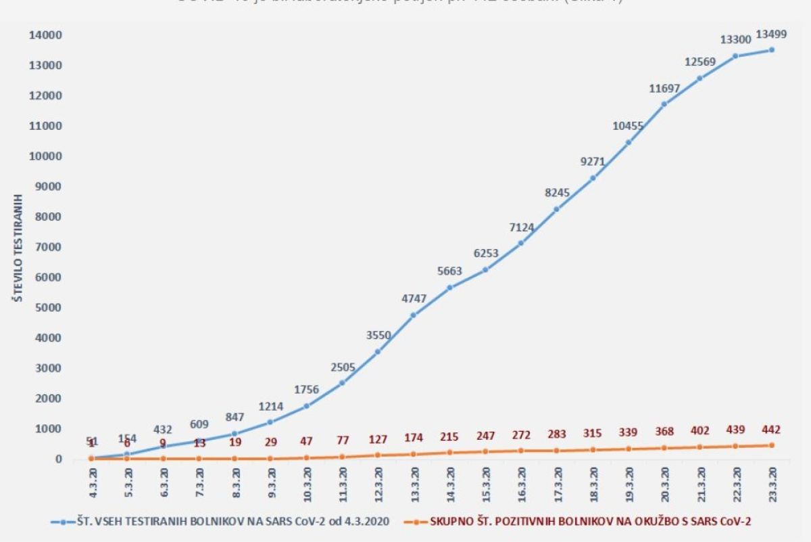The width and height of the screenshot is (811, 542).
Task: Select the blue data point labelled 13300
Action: tap(735, 56)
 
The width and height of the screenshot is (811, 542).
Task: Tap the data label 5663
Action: tap(449, 271)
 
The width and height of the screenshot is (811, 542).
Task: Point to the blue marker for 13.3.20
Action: tap(414, 315)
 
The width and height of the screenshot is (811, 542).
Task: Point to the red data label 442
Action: tap(771, 430)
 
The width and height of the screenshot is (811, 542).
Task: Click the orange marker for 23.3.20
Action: tap(771, 445)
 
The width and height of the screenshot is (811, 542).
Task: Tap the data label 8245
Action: tap(557, 193)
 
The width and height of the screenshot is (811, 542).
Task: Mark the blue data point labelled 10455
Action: tap(629, 142)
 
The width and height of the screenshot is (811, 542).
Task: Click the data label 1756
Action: tap(306, 390)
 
